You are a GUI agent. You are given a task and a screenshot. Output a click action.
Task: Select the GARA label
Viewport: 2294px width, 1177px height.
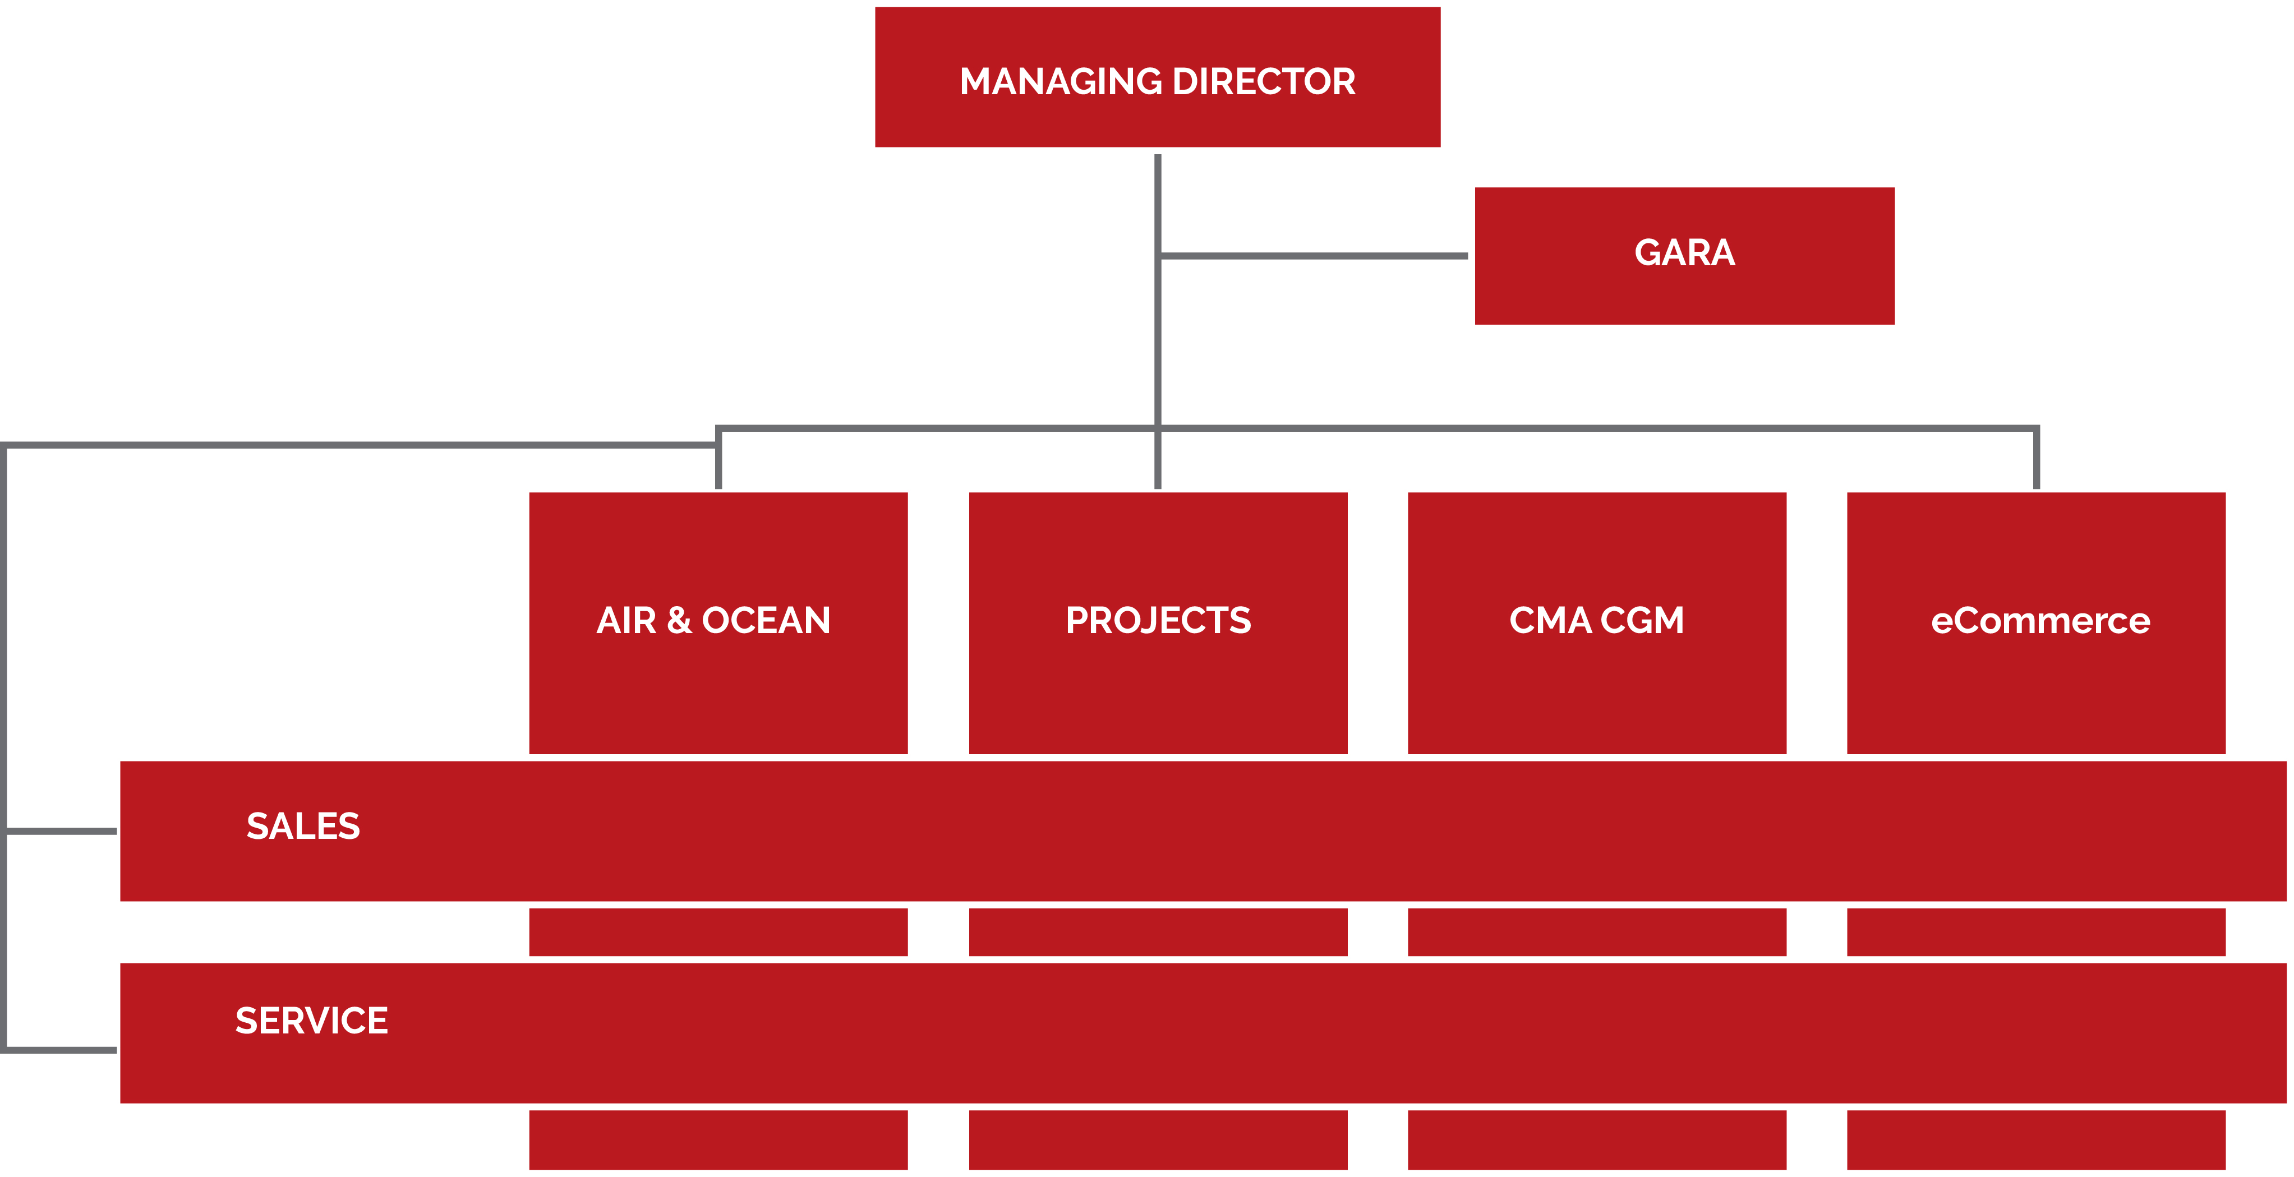tap(1684, 253)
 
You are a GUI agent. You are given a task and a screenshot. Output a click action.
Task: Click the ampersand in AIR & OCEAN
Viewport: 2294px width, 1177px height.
tap(679, 621)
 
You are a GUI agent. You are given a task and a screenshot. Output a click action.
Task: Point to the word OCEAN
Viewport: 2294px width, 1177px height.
tap(766, 621)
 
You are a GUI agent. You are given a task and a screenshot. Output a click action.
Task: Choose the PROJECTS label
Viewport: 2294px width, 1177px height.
tap(1158, 621)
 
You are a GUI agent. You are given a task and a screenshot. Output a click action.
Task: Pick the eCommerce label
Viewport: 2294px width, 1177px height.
tap(2040, 621)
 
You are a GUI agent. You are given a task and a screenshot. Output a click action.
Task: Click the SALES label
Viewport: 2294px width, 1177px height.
tap(303, 826)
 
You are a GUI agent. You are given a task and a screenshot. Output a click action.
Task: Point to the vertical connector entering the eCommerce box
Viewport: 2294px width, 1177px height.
tap(2036, 458)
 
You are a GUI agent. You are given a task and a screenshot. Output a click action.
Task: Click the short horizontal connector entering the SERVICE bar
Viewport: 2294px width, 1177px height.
tap(61, 1050)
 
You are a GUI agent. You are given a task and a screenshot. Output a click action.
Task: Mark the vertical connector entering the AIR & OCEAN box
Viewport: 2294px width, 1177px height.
tap(718, 458)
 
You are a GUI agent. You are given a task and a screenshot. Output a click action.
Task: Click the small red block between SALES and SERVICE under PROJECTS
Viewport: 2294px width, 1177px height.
tap(1158, 932)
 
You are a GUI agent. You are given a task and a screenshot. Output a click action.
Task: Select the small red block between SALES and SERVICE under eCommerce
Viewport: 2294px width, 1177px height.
tap(2036, 932)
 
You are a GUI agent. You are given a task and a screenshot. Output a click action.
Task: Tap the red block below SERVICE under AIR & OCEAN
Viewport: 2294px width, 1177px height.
tap(718, 1139)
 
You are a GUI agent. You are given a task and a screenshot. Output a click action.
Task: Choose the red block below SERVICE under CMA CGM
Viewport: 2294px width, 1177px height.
tap(1597, 1139)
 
